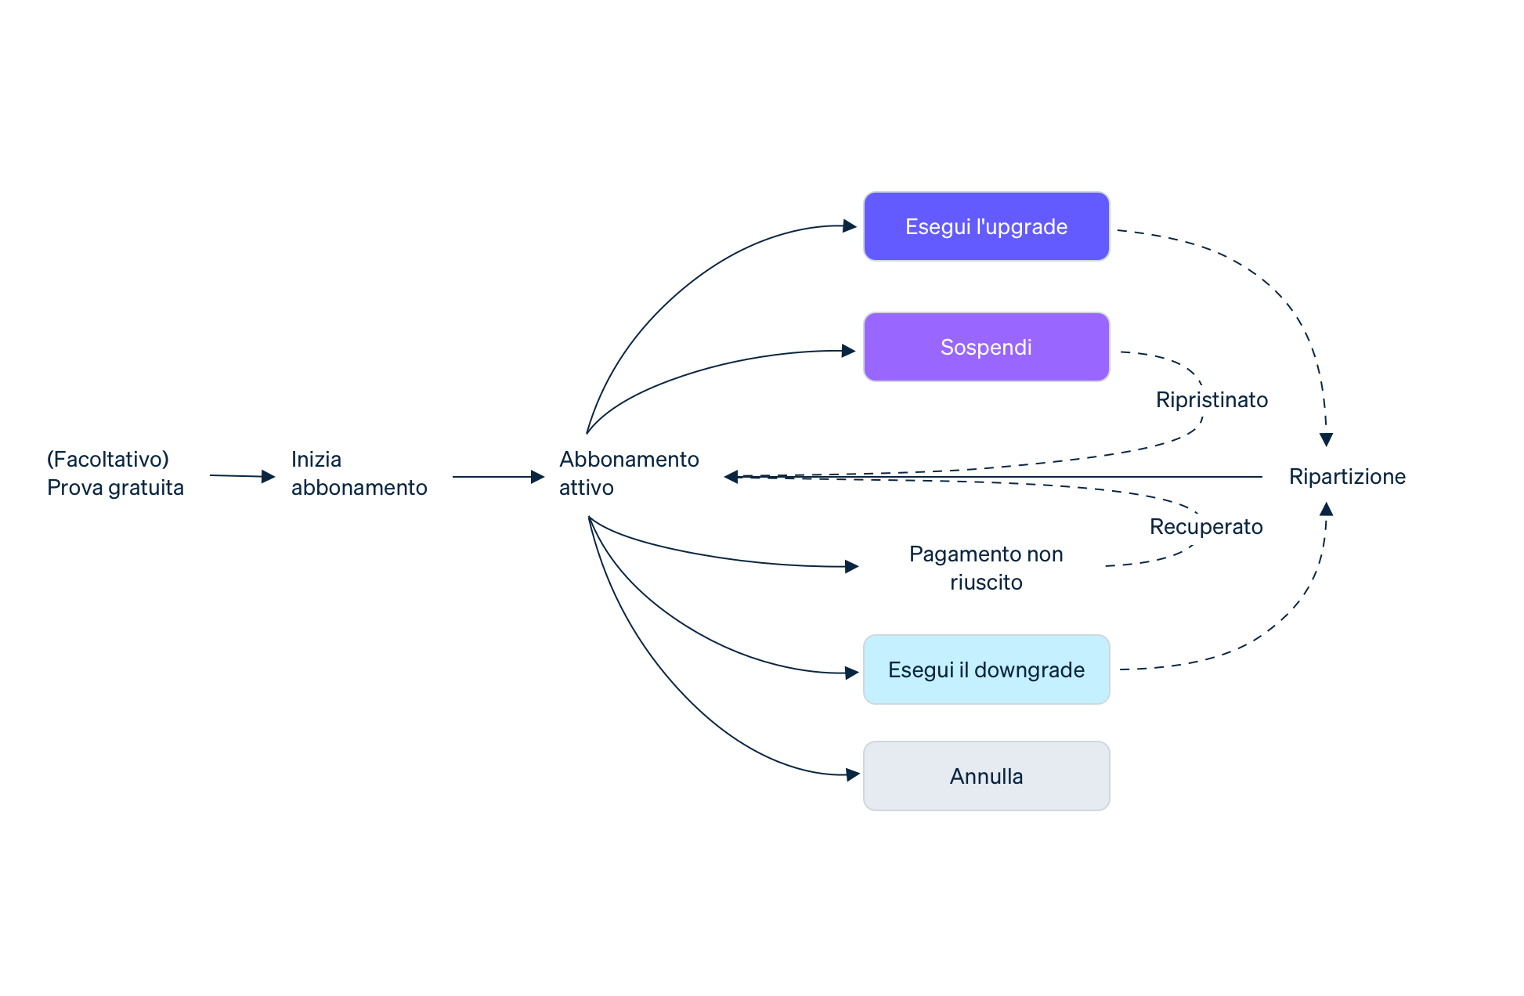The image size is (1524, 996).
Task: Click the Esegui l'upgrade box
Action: pyautogui.click(x=986, y=226)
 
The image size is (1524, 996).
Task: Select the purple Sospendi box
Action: pyautogui.click(x=986, y=347)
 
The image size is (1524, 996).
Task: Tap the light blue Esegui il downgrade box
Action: pyautogui.click(x=986, y=669)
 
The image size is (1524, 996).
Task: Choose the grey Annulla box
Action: pyautogui.click(x=986, y=776)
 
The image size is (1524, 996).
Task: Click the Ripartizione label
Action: pyautogui.click(x=1347, y=476)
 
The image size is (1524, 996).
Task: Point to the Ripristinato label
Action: pyautogui.click(x=1212, y=399)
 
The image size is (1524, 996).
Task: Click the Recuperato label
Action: pyautogui.click(x=1206, y=526)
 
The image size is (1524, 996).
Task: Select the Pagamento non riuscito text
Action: pyautogui.click(x=986, y=568)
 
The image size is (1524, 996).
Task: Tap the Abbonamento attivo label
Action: pyautogui.click(x=628, y=473)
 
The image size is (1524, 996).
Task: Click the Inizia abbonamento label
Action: pyautogui.click(x=359, y=473)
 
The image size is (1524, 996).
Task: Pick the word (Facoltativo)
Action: pyautogui.click(x=108, y=459)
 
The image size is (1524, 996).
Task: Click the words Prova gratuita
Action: pyautogui.click(x=115, y=487)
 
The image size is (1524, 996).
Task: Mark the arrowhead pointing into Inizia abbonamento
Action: pyautogui.click(x=269, y=476)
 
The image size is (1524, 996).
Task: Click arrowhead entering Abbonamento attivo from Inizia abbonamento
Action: pyautogui.click(x=538, y=476)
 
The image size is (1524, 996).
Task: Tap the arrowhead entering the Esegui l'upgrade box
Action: pyautogui.click(x=850, y=226)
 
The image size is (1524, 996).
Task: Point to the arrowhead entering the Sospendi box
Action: pyautogui.click(x=848, y=351)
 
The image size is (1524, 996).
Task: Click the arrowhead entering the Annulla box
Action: pyautogui.click(x=853, y=775)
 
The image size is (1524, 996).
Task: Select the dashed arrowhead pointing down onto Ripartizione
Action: pyautogui.click(x=1326, y=440)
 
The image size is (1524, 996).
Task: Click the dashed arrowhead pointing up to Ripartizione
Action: pyautogui.click(x=1326, y=509)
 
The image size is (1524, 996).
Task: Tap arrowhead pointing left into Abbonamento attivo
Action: pyautogui.click(x=731, y=476)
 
